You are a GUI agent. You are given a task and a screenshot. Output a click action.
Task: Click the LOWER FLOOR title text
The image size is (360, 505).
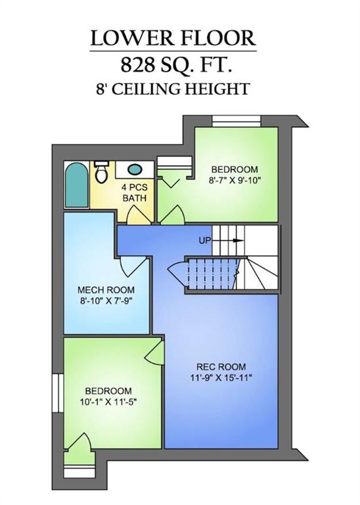pyautogui.click(x=173, y=38)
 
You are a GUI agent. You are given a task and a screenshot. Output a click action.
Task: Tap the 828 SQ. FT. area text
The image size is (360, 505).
pyautogui.click(x=173, y=65)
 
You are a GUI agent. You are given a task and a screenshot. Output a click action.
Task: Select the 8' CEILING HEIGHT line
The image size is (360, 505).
pyautogui.click(x=173, y=88)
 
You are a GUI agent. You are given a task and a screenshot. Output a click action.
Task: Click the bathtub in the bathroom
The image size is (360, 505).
pyautogui.click(x=76, y=187)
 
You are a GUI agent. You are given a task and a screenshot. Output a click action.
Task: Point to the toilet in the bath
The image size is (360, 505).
pyautogui.click(x=101, y=173)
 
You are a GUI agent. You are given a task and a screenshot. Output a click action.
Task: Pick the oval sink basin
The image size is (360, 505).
pyautogui.click(x=135, y=169)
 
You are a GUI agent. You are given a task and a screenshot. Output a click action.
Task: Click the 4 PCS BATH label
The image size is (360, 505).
pyautogui.click(x=133, y=193)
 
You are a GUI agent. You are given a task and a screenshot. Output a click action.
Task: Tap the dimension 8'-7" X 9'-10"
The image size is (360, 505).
pyautogui.click(x=235, y=181)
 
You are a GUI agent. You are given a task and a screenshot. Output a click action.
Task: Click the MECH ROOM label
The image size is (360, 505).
pyautogui.click(x=106, y=290)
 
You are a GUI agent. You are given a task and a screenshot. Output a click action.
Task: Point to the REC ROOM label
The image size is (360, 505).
pyautogui.click(x=220, y=366)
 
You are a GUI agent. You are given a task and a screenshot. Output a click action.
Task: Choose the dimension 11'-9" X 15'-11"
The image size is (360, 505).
pyautogui.click(x=220, y=377)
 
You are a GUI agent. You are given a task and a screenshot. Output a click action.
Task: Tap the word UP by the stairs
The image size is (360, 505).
pyautogui.click(x=204, y=241)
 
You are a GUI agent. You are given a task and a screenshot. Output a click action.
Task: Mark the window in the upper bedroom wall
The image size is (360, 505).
pyautogui.click(x=236, y=120)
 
